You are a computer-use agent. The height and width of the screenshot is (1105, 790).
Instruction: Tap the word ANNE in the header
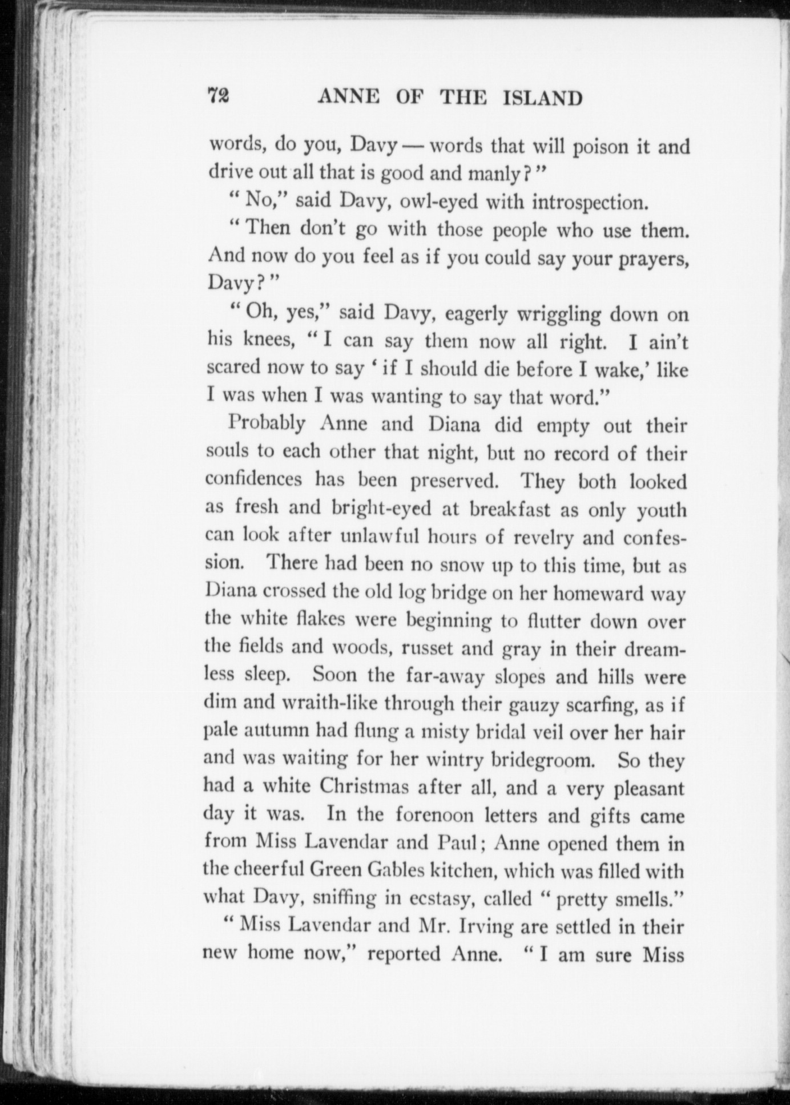[349, 98]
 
